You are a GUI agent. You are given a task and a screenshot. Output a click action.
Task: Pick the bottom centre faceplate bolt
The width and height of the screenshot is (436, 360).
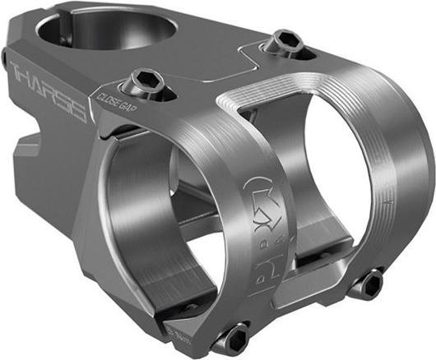pyautogui.click(x=234, y=336)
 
